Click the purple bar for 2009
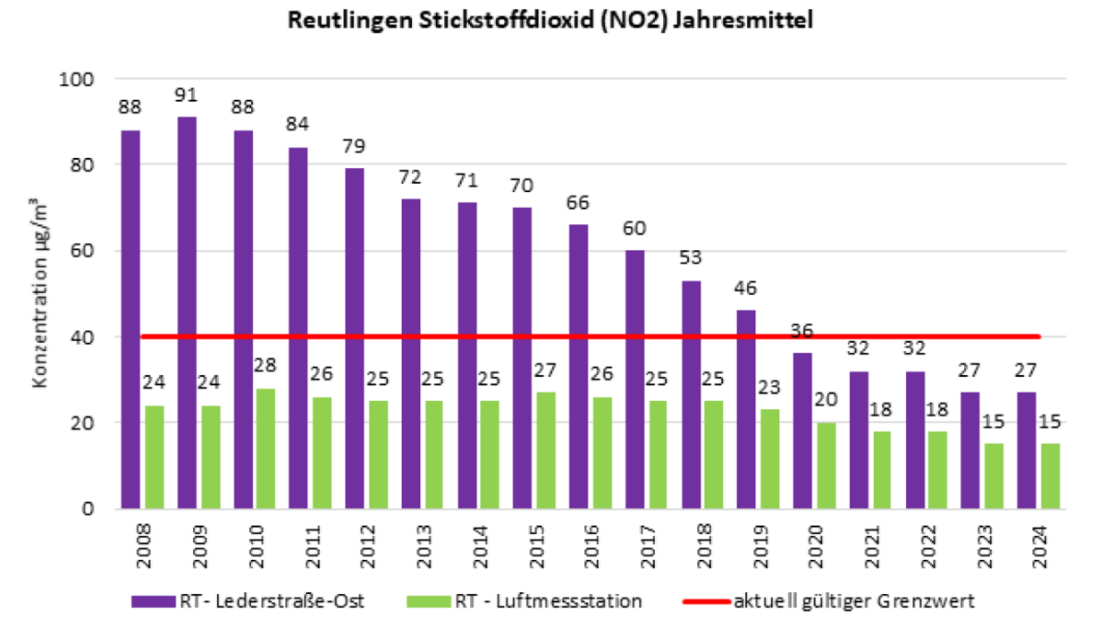pyautogui.click(x=187, y=313)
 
